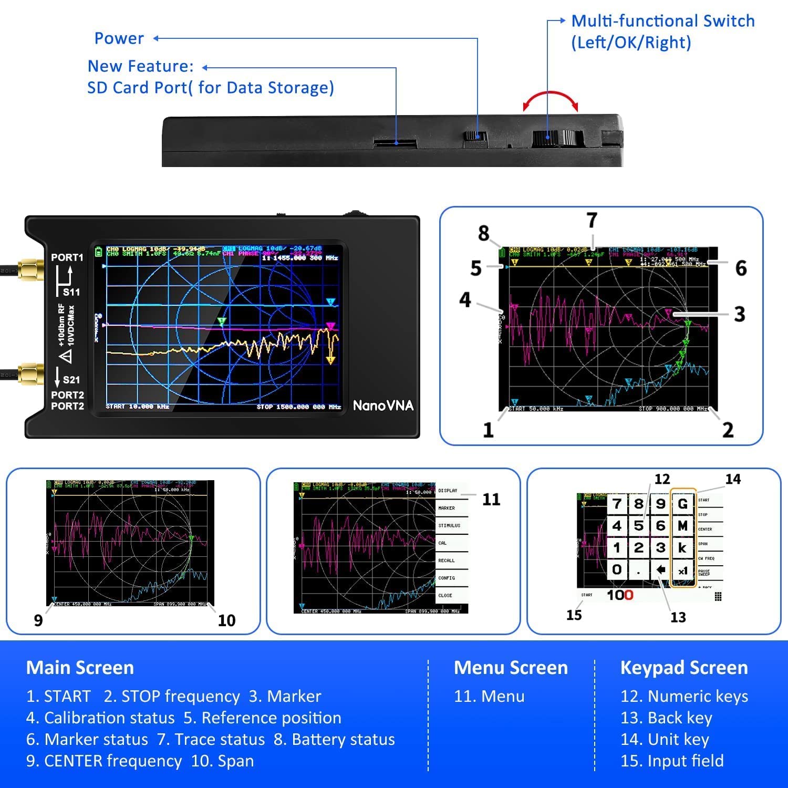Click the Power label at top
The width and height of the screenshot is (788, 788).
[x=119, y=38]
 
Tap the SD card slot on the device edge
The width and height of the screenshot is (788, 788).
[x=395, y=142]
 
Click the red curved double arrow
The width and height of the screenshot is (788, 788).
[x=550, y=100]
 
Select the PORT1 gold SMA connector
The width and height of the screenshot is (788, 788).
[x=31, y=269]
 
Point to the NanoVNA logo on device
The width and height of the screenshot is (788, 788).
[x=383, y=406]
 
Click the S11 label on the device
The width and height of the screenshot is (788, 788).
[x=71, y=292]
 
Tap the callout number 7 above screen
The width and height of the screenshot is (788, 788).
[x=592, y=220]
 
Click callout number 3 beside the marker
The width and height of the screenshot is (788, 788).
[x=739, y=314]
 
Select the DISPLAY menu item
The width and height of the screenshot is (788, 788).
[x=448, y=491]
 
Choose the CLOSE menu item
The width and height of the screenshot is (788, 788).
[x=445, y=595]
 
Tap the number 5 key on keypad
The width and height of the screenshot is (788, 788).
[x=638, y=526]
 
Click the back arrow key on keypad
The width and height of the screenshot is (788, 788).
[x=660, y=569]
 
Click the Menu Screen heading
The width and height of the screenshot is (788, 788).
[x=511, y=668]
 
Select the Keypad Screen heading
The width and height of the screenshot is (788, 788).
[x=683, y=668]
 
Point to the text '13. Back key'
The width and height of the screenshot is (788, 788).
[x=666, y=718]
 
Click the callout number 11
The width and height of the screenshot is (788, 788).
[x=491, y=499]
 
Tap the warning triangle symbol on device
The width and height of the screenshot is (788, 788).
[x=66, y=357]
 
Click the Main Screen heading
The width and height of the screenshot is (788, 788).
[x=80, y=668]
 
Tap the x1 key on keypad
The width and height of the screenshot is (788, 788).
[x=682, y=571]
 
